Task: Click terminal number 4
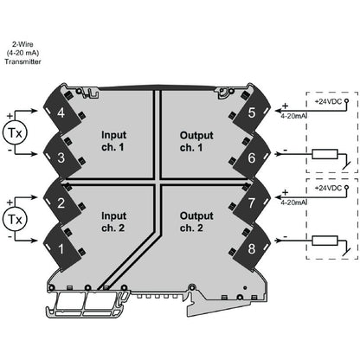tap(61, 113)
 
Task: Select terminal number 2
tap(61, 205)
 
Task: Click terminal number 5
tap(251, 112)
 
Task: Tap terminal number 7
tap(251, 205)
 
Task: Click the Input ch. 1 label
tap(114, 141)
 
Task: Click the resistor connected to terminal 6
tap(325, 156)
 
